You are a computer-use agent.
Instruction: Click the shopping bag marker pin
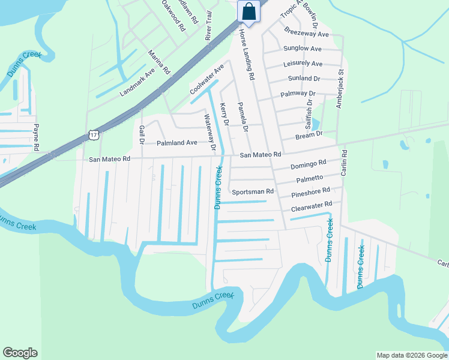coord(249,11)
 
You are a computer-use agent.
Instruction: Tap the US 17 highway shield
coord(94,134)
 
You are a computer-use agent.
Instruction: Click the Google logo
coord(20,353)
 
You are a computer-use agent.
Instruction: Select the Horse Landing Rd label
coord(247,55)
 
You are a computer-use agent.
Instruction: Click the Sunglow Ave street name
coord(303,49)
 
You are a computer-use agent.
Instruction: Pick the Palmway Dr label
coord(298,94)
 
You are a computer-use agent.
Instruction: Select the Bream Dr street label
coord(309,136)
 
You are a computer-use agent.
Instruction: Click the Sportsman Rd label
coord(253,191)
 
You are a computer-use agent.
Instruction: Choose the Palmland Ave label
coord(177,143)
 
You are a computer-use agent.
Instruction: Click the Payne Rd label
coord(36,137)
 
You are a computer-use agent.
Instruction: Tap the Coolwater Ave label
coord(206,79)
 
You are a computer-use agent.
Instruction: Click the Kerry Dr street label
coord(224,114)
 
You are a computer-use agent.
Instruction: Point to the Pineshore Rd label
coord(311,192)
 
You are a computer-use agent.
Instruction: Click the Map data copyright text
coord(412,355)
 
